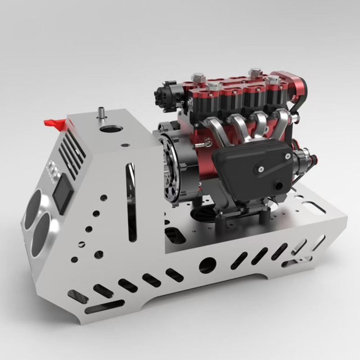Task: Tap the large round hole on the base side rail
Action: [x=207, y=265]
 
